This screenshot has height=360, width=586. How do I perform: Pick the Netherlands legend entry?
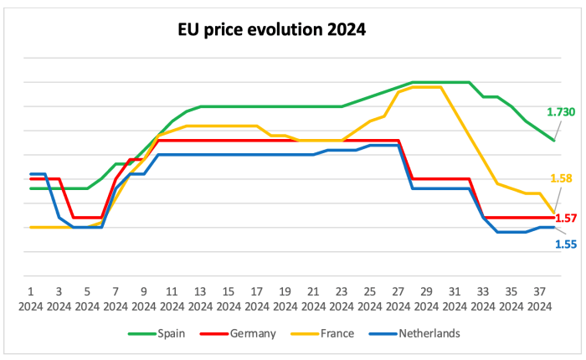pos(426,333)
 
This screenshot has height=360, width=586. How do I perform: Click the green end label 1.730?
pos(560,111)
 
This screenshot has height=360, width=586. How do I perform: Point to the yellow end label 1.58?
pos(561,177)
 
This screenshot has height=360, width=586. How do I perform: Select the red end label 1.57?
pos(567,218)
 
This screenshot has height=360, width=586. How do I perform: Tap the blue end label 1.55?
pos(566,244)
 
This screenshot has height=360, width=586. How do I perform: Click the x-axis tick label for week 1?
pos(30,298)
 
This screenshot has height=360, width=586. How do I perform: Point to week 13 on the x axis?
pos(200,298)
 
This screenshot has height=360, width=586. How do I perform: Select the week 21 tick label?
pos(313,298)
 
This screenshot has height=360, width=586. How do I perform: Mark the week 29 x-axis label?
pos(426,298)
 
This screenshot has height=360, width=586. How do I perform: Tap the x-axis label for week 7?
pos(116,298)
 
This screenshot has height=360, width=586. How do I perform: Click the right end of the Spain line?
pos(553,140)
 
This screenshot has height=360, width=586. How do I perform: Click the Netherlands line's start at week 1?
pos(31,174)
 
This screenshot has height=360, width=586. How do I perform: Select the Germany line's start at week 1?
pos(31,179)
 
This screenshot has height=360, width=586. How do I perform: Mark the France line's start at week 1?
pos(31,227)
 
